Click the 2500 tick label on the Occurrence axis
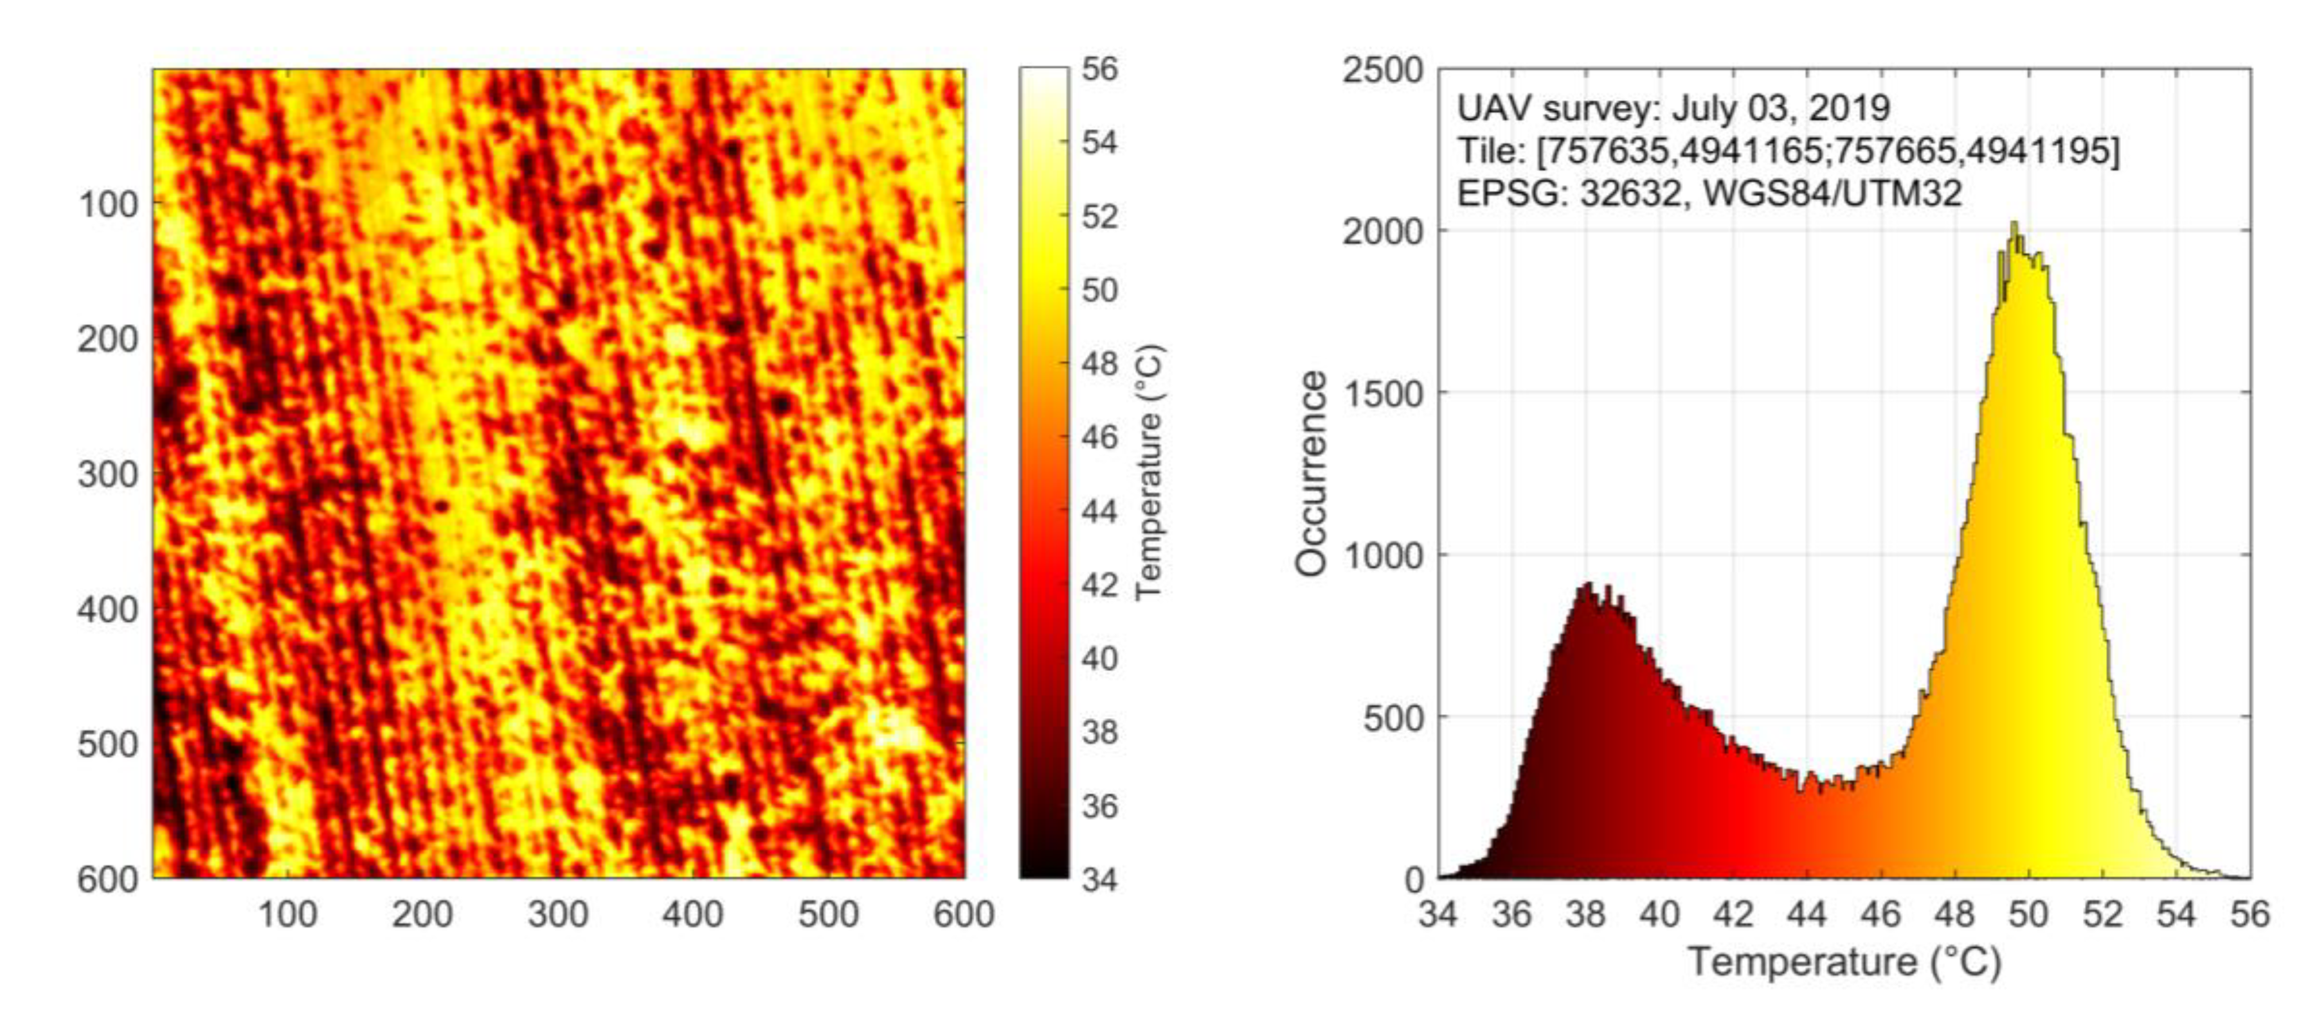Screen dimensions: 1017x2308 point(1382,70)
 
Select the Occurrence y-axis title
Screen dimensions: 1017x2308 point(1312,473)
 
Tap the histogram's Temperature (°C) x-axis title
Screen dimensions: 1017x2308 point(1844,962)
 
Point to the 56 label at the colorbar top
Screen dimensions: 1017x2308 point(1099,69)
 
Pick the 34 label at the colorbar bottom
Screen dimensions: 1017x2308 point(1099,879)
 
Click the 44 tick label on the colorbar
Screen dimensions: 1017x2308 point(1099,512)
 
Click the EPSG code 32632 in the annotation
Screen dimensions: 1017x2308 point(1630,193)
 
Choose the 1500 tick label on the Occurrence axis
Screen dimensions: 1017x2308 point(1382,393)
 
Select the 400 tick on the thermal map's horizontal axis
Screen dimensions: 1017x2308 point(692,915)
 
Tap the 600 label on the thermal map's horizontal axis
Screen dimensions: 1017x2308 point(963,915)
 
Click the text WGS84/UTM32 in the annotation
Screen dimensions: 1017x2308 point(1832,193)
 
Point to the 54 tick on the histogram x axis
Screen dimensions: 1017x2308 point(2176,915)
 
